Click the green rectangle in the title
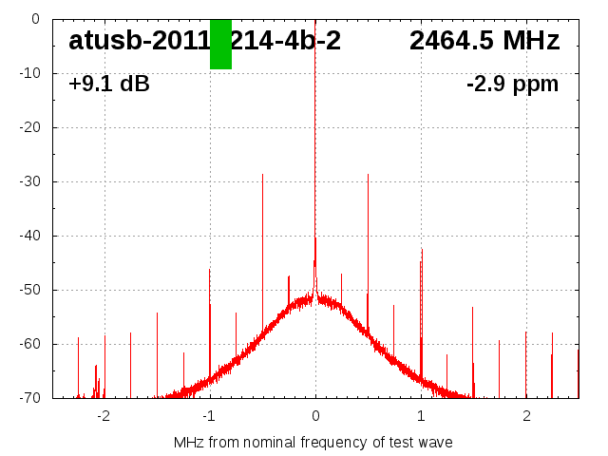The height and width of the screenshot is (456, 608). click(220, 44)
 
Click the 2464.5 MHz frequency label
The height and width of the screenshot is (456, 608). click(484, 41)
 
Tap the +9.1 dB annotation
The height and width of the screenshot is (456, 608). click(109, 85)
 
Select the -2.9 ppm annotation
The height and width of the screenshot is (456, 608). click(512, 85)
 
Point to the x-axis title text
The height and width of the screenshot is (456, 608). click(313, 443)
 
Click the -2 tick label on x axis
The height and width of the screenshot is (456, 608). click(104, 415)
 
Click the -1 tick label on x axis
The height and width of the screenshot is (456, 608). click(209, 415)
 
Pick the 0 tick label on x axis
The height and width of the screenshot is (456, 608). click(315, 415)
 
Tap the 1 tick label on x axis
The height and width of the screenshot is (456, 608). click(421, 415)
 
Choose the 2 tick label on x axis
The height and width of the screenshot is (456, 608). click(526, 415)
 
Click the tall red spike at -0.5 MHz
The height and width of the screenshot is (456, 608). click(263, 177)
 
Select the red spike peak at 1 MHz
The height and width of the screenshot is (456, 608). click(422, 251)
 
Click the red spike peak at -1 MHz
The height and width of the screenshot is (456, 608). click(210, 272)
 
